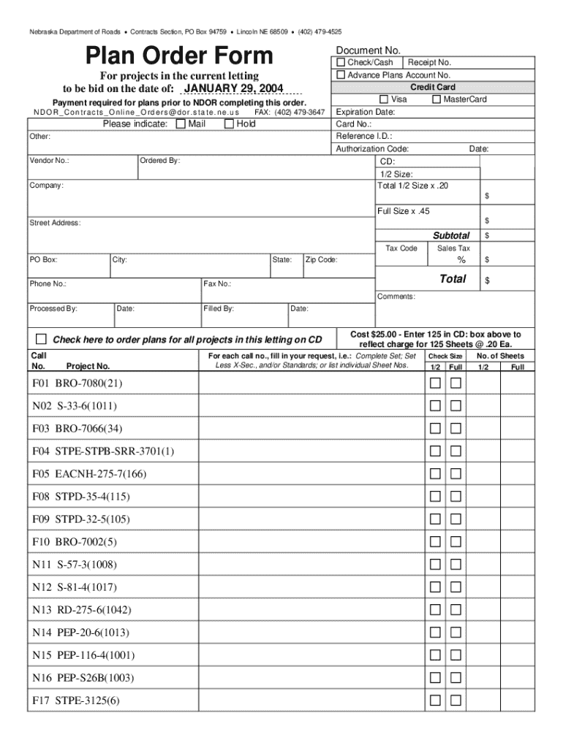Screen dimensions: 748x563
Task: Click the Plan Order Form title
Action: tap(179, 56)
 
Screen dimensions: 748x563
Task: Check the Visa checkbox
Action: tap(384, 99)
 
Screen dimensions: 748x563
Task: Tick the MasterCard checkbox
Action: tap(437, 99)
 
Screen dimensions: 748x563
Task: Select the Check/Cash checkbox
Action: tap(341, 63)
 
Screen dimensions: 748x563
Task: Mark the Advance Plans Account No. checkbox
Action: tap(341, 75)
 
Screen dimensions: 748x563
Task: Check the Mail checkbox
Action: tap(181, 124)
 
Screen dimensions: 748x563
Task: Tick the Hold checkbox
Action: tap(230, 124)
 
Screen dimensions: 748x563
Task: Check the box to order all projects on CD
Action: tap(42, 339)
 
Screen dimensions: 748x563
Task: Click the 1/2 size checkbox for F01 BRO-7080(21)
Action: tap(435, 383)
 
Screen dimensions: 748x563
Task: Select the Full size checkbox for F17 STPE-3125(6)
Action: tap(456, 701)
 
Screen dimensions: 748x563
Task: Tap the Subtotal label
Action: tap(451, 236)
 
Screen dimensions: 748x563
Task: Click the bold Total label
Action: tap(453, 279)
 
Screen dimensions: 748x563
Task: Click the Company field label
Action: tap(46, 186)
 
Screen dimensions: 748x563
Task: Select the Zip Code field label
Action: tap(321, 259)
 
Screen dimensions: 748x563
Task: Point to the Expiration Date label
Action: tap(366, 112)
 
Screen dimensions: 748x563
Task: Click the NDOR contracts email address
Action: tap(137, 113)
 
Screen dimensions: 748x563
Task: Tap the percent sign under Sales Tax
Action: tap(461, 261)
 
